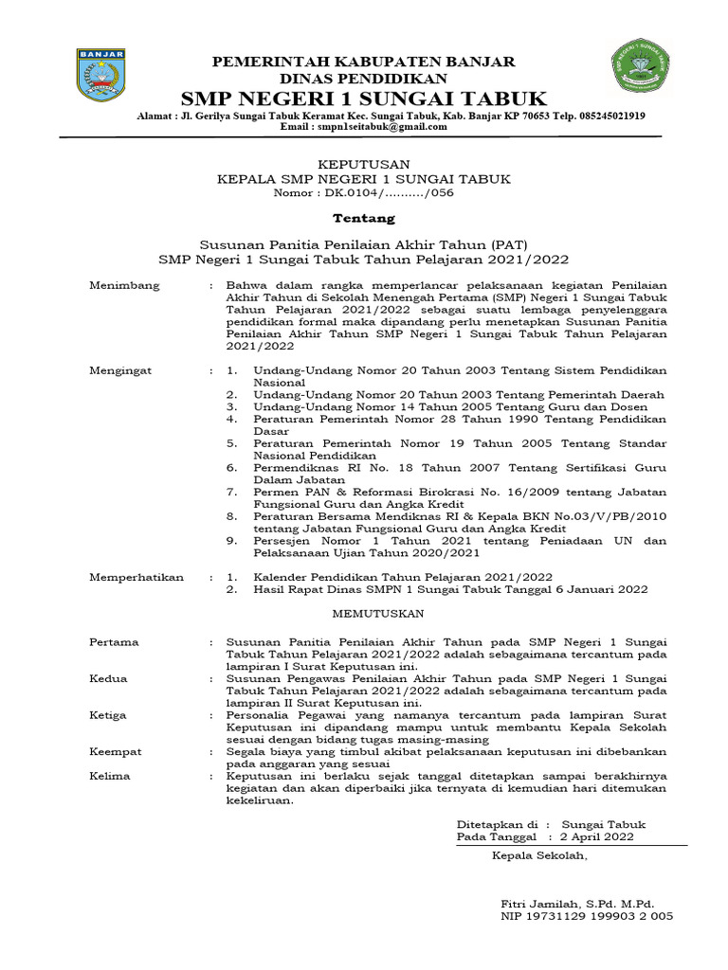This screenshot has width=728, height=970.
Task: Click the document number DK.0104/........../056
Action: (363, 192)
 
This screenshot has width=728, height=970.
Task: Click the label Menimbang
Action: (124, 285)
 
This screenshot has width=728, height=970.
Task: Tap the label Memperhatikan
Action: (136, 577)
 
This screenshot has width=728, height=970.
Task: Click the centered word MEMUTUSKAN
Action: (364, 614)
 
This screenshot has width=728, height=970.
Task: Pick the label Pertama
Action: (114, 642)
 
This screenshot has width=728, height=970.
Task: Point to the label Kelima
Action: (110, 777)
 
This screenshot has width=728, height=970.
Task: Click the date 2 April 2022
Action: (597, 837)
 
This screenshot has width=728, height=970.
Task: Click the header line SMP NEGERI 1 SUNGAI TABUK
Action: (364, 99)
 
